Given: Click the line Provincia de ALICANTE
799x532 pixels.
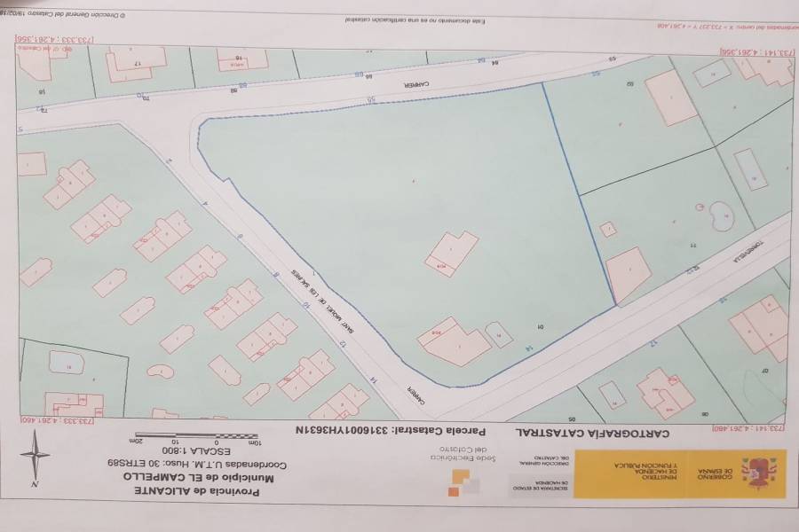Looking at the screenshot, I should [192, 490].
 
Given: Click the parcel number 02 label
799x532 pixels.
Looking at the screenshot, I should [630, 85].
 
